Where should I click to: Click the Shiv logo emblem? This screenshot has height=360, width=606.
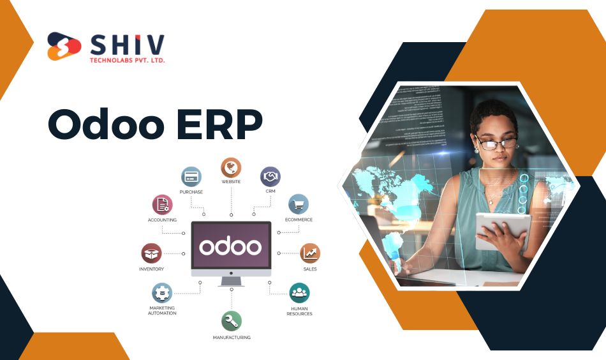pos(64,46)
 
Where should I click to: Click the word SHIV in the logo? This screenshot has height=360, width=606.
pos(128,45)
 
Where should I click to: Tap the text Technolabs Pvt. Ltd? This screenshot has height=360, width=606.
pos(127,61)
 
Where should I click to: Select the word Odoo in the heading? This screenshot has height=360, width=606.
pos(106,124)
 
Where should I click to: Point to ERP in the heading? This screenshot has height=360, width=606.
pos(219,124)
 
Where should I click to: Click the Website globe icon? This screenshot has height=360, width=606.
pos(231,168)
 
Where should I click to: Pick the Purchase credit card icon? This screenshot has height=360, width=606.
pos(191,177)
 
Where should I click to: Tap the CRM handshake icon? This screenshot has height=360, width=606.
pos(270,177)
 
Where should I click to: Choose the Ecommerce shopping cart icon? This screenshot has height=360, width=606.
pos(299,204)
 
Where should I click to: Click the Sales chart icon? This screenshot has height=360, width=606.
pos(310,253)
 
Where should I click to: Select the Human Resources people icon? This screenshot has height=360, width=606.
pos(299,293)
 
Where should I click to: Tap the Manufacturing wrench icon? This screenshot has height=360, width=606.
pos(232,321)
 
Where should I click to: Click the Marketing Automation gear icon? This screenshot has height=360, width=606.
pos(162,293)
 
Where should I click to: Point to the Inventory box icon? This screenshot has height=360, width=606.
pos(152,253)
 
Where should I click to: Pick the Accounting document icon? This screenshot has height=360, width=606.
pos(162,204)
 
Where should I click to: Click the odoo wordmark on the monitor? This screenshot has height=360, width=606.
pos(231,246)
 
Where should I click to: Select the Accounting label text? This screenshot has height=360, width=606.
pos(162,220)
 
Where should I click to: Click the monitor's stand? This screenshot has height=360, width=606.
pos(231,281)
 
